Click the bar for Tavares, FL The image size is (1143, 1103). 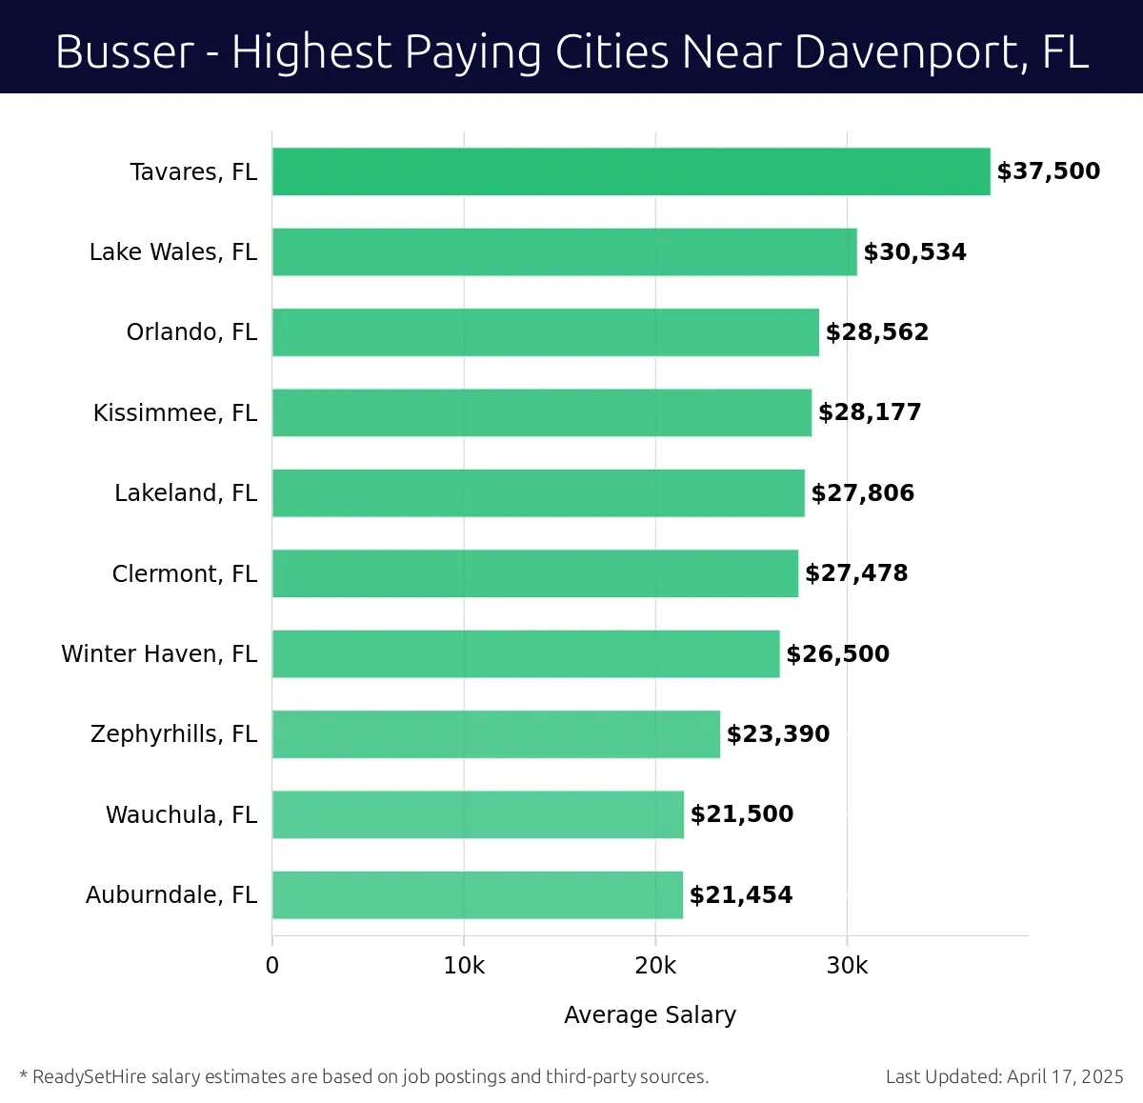631,171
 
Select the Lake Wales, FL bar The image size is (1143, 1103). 564,251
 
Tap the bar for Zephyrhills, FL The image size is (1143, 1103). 495,733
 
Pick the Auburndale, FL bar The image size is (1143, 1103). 477,894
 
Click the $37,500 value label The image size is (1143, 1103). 1048,171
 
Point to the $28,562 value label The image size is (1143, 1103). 876,332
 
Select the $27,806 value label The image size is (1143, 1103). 862,492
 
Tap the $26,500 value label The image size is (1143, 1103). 837,653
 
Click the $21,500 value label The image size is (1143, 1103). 741,814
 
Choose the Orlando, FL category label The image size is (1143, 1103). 191,332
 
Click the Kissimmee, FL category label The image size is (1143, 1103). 175,412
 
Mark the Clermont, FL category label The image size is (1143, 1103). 184,573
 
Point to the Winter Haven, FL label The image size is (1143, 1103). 159,653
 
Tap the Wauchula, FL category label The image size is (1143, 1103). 181,814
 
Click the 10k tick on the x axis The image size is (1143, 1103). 464,966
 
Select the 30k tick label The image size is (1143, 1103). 847,966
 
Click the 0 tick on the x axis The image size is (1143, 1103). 272,966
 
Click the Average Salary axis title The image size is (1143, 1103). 650,1014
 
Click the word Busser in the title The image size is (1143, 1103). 125,51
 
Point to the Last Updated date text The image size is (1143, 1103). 1004,1076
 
